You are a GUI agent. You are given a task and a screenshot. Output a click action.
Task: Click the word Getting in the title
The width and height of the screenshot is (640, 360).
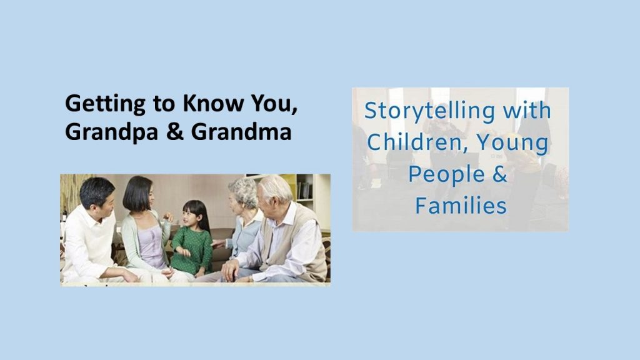click(105, 104)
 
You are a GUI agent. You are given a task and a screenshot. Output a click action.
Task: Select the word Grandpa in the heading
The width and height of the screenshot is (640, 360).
click(111, 132)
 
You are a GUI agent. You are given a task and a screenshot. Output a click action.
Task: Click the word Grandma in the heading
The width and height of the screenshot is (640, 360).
click(241, 132)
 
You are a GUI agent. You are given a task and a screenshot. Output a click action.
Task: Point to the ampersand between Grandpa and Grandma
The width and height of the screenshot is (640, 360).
click(175, 132)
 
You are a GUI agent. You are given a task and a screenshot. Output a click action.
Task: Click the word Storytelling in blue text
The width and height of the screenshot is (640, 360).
click(429, 111)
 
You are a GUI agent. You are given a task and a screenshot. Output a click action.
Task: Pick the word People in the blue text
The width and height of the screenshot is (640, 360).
click(446, 175)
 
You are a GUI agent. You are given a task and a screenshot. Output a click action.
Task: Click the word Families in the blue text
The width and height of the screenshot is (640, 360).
click(461, 205)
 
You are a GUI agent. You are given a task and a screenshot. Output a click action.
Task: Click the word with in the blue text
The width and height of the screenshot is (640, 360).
click(527, 111)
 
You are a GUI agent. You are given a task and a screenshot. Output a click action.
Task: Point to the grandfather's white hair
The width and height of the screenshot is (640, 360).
click(276, 186)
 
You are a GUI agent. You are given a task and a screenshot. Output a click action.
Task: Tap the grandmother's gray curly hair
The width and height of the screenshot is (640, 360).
click(244, 191)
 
